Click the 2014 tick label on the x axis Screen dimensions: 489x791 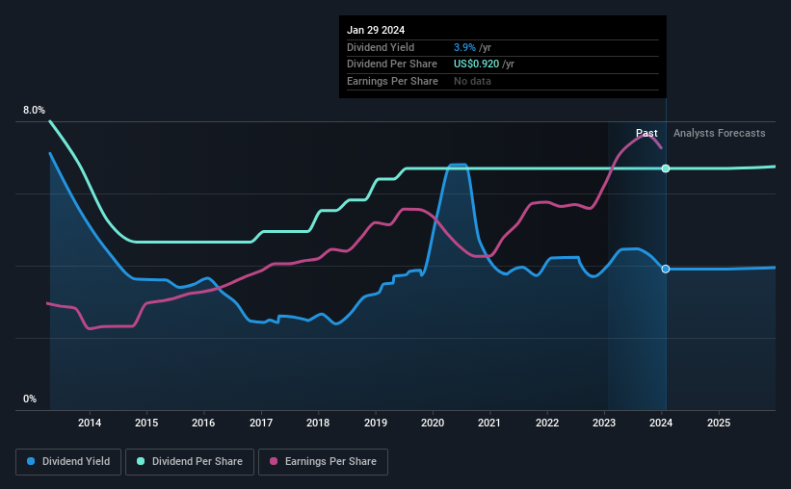tap(90, 423)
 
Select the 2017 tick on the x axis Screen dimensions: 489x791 tap(261, 423)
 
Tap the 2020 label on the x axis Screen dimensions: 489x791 tap(433, 423)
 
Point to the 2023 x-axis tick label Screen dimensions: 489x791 tap(604, 423)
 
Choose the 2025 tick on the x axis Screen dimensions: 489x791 tap(719, 423)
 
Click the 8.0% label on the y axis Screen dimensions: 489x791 tap(34, 111)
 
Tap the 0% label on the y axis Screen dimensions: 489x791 tap(30, 399)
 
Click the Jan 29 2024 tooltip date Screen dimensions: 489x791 tap(374, 29)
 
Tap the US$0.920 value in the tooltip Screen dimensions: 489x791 tap(478, 64)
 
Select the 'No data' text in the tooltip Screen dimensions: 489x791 tap(474, 81)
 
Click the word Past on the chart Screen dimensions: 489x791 tap(646, 133)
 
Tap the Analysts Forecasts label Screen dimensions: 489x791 tap(719, 133)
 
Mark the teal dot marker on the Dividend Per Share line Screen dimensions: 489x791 tap(666, 168)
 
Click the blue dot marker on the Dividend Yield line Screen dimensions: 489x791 tap(666, 269)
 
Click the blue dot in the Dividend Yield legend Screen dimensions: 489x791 tap(32, 462)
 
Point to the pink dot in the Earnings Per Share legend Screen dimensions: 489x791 tap(273, 462)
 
